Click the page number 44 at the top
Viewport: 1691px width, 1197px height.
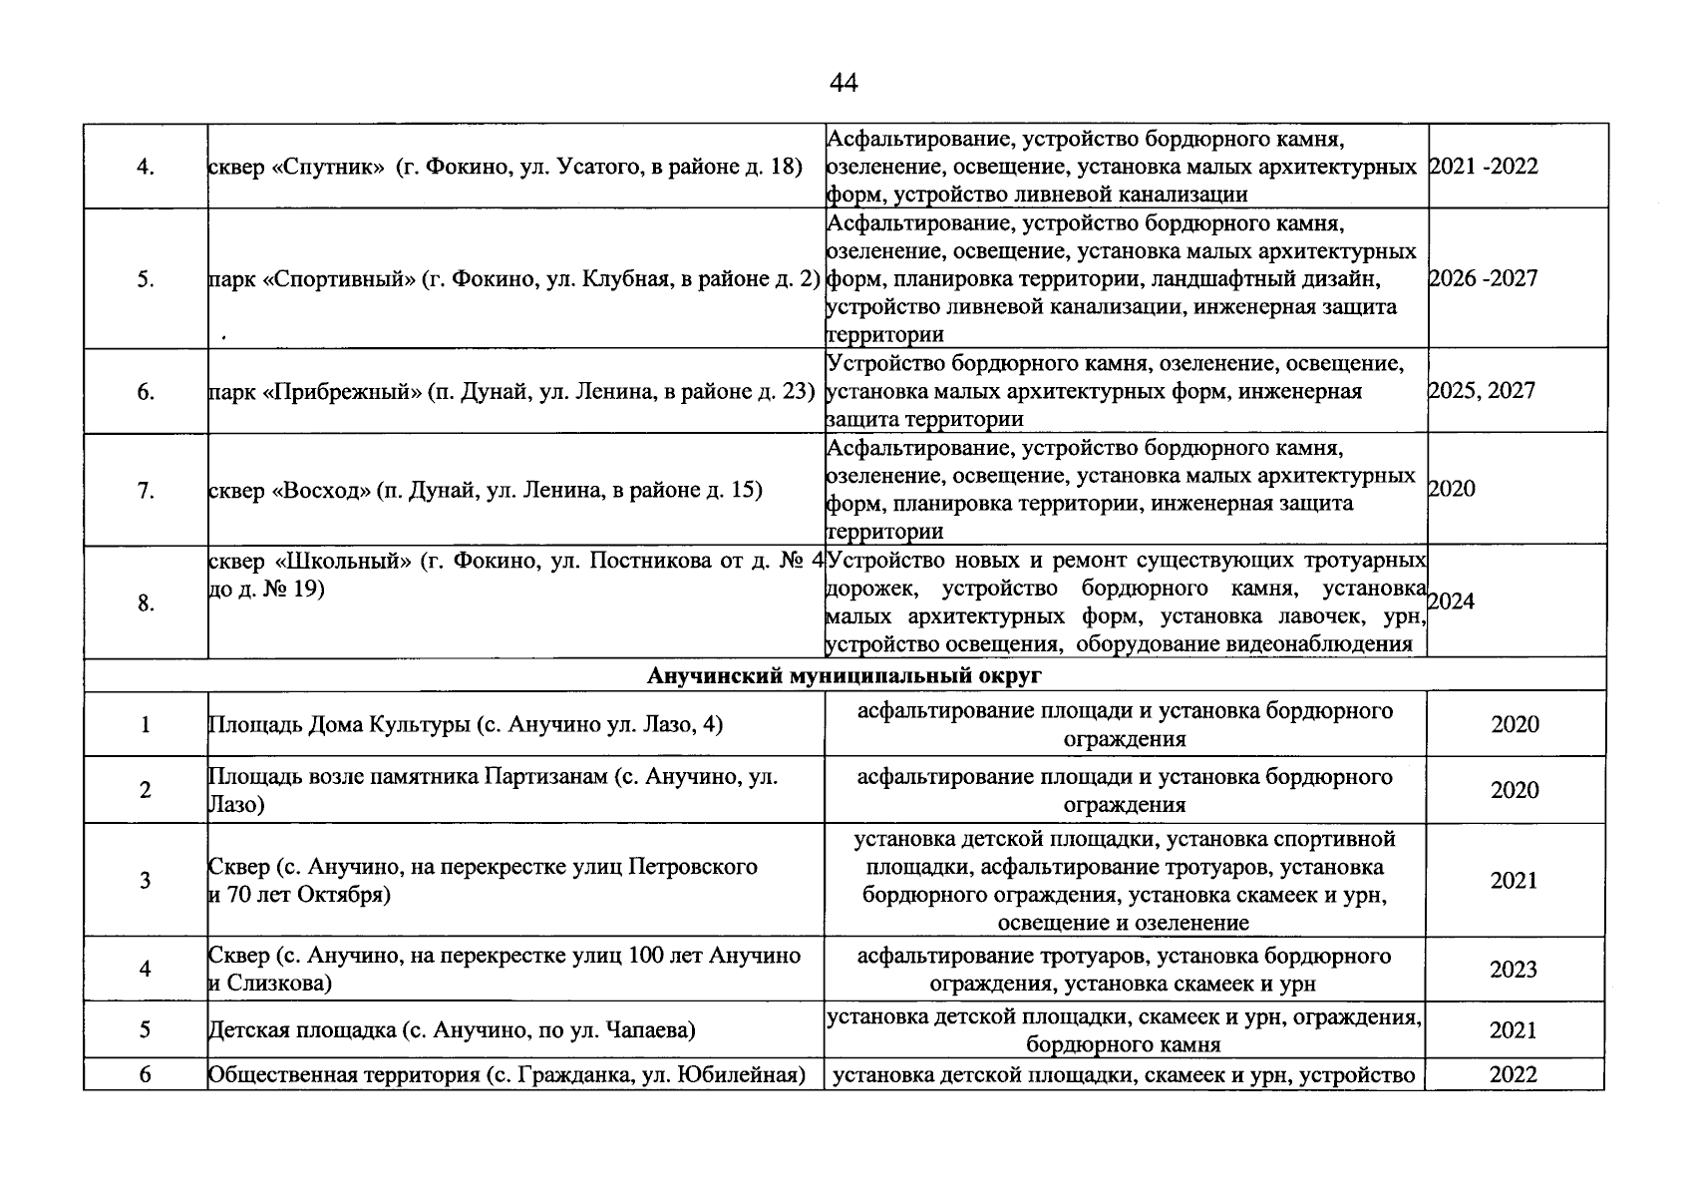pyautogui.click(x=843, y=84)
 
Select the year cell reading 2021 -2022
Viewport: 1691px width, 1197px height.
pyautogui.click(x=1484, y=167)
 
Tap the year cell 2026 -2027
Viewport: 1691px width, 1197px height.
pyautogui.click(x=1484, y=278)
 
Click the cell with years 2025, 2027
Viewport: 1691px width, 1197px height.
pyautogui.click(x=1482, y=390)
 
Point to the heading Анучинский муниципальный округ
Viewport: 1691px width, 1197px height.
pyautogui.click(x=844, y=675)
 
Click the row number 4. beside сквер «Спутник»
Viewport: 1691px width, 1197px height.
pyautogui.click(x=146, y=168)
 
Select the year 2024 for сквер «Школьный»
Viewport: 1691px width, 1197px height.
pyautogui.click(x=1452, y=601)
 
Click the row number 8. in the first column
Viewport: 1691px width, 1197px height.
pyautogui.click(x=146, y=602)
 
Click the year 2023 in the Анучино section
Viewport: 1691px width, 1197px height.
pyautogui.click(x=1514, y=970)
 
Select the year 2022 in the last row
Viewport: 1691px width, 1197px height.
pyautogui.click(x=1514, y=1074)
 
